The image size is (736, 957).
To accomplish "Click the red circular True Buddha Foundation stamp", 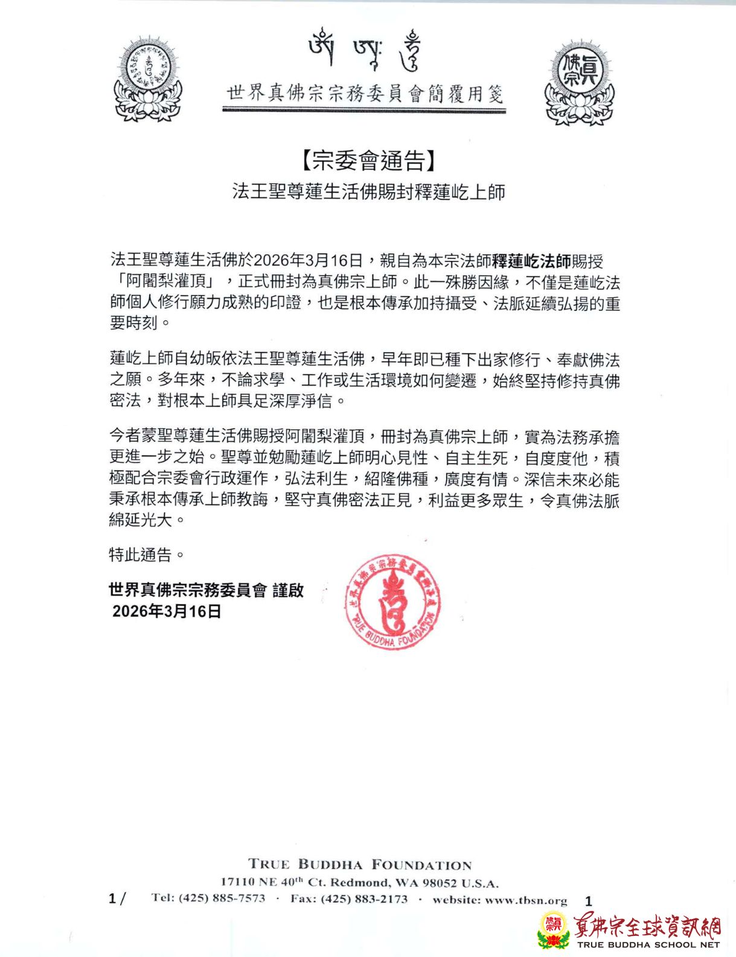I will tap(392, 601).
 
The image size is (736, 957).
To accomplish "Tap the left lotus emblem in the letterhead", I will tap(148, 79).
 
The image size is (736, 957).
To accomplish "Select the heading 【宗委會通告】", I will tap(367, 160).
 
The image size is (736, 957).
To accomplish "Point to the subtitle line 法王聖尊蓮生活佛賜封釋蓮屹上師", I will tap(368, 192).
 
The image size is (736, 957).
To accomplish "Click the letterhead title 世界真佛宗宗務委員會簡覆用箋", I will tap(365, 94).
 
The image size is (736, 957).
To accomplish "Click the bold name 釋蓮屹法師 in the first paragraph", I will tap(531, 261).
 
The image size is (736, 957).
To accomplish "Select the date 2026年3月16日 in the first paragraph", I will tap(308, 261).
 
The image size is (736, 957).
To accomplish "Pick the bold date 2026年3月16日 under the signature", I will tap(167, 612).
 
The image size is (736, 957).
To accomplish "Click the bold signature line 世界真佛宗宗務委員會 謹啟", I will tap(206, 590).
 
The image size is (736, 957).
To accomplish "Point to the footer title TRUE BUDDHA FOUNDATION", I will tap(360, 865).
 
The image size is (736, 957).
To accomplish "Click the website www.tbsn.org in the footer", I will tap(526, 900).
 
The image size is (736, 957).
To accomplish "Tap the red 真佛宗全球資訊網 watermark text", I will tap(647, 926).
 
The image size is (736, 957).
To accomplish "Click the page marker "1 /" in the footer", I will tap(117, 899).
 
